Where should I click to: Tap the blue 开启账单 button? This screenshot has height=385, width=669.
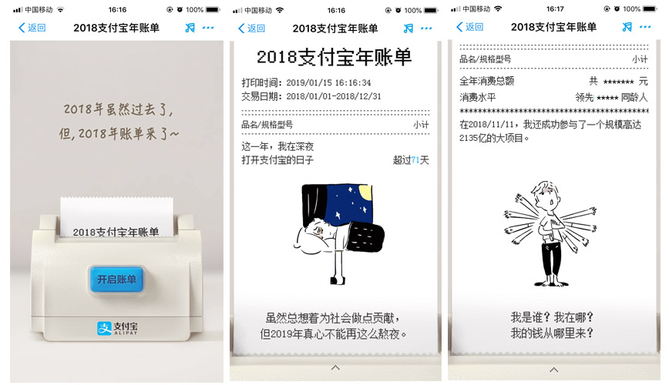point(116,280)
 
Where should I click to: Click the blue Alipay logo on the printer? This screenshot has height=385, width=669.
point(104,328)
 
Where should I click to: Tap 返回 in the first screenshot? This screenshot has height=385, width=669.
point(32,28)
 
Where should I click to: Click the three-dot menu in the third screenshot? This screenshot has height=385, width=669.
point(645,27)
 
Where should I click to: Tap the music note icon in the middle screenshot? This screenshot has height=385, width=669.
point(408,28)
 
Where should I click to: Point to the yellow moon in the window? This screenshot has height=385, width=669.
point(366,192)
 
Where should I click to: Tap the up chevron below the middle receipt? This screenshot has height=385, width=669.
point(335,367)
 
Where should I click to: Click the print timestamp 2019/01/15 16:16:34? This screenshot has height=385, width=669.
point(328,82)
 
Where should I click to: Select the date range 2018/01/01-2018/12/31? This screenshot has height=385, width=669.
point(334,96)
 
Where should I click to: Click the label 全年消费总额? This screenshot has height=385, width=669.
point(487,81)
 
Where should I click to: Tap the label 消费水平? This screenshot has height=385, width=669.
point(478,98)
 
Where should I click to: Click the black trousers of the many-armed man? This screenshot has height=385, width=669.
point(552,260)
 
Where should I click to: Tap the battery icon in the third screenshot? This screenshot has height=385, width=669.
point(651,9)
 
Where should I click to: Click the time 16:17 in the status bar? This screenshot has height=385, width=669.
point(555,9)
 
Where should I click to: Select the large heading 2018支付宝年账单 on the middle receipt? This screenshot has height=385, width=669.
point(334,58)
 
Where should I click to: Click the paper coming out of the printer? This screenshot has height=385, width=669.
point(116,216)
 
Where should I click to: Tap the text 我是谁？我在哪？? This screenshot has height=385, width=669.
point(552,317)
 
